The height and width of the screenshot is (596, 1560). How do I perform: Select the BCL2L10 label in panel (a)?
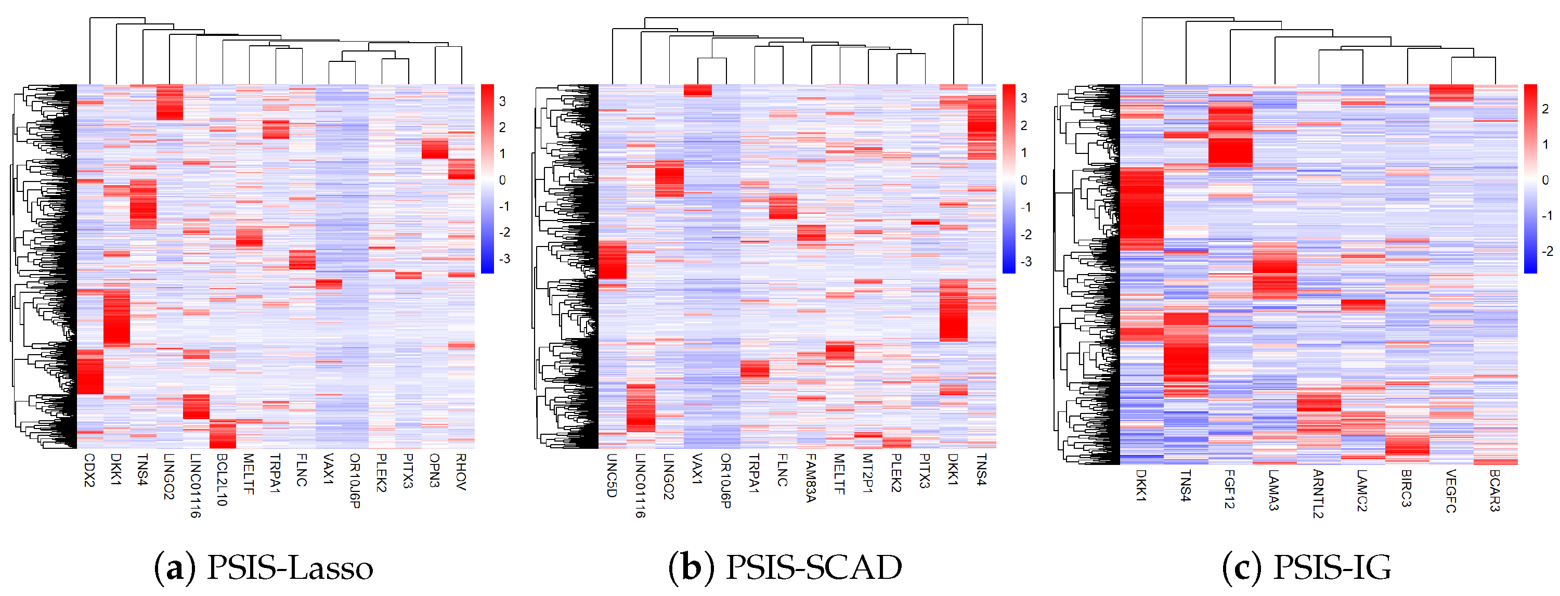(x=222, y=480)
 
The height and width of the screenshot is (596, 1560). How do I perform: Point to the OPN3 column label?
(x=434, y=470)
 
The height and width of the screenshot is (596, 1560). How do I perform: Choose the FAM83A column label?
(x=810, y=478)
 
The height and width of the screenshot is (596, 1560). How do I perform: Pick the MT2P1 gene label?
(x=867, y=473)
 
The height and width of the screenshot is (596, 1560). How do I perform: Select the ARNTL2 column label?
(x=1318, y=493)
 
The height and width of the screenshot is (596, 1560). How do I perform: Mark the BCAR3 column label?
(x=1494, y=490)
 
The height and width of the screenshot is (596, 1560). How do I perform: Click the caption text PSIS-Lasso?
(x=290, y=568)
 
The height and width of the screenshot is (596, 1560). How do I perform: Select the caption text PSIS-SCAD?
(x=813, y=568)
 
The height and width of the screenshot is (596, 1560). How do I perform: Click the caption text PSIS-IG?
(x=1332, y=568)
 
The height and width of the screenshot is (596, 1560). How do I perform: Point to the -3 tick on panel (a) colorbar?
(x=503, y=259)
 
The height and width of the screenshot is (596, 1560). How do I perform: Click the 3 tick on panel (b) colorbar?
(x=1024, y=98)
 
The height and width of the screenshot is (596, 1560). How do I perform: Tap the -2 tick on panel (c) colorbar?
(x=1546, y=251)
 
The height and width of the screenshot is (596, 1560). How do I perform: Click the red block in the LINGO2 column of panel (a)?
(x=170, y=102)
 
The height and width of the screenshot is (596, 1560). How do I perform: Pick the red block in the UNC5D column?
(x=612, y=259)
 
